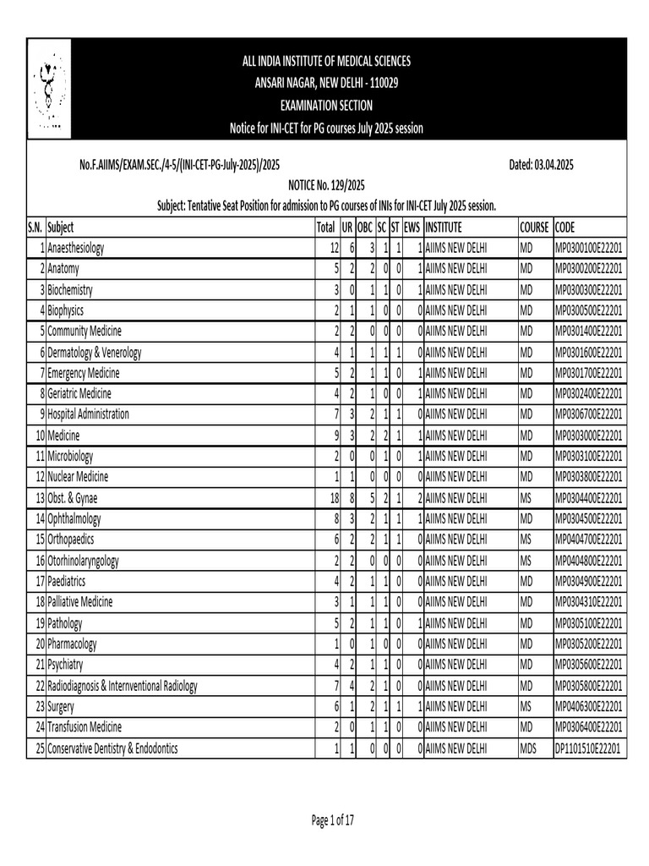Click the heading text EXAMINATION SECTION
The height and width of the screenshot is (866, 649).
tap(325, 106)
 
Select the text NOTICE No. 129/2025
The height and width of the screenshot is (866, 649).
tap(325, 185)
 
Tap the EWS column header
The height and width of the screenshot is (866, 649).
tap(412, 227)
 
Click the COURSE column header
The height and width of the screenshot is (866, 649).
tap(534, 227)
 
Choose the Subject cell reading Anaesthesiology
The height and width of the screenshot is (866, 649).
tap(76, 249)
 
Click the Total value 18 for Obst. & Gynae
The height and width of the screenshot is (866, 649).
tap(329, 498)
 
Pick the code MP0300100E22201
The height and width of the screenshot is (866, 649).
tap(588, 249)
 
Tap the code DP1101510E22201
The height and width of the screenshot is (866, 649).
tap(587, 748)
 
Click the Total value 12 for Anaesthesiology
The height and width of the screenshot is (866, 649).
tap(330, 249)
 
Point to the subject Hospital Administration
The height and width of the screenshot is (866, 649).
tap(89, 414)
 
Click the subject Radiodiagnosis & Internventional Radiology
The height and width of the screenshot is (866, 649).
tap(123, 686)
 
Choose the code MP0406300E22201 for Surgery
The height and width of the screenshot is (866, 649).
tap(588, 707)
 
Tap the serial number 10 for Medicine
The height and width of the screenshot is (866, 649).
tap(38, 436)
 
